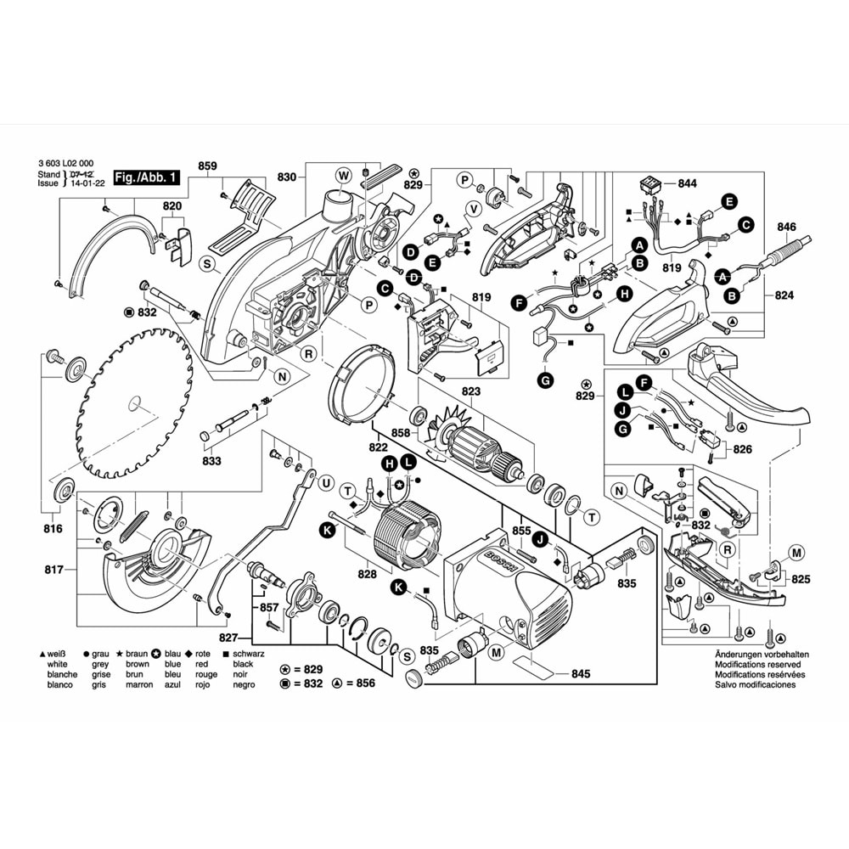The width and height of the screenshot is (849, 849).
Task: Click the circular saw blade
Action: point(136,399)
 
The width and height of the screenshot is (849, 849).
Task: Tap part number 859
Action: point(207,166)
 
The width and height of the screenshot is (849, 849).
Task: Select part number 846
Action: point(786,228)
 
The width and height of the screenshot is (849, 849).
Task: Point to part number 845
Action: point(581,674)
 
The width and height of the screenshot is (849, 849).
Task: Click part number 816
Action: point(53,528)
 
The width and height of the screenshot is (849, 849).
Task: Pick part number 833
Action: point(211,461)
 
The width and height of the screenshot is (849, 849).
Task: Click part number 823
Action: point(470,391)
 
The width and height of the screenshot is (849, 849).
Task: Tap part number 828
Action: point(366,575)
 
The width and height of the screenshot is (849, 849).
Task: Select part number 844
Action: point(686,184)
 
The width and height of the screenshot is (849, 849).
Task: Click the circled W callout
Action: point(343,176)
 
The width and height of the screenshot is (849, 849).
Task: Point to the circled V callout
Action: point(475,209)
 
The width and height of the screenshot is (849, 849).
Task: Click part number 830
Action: point(288,177)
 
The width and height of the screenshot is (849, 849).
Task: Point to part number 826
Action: point(742,448)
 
